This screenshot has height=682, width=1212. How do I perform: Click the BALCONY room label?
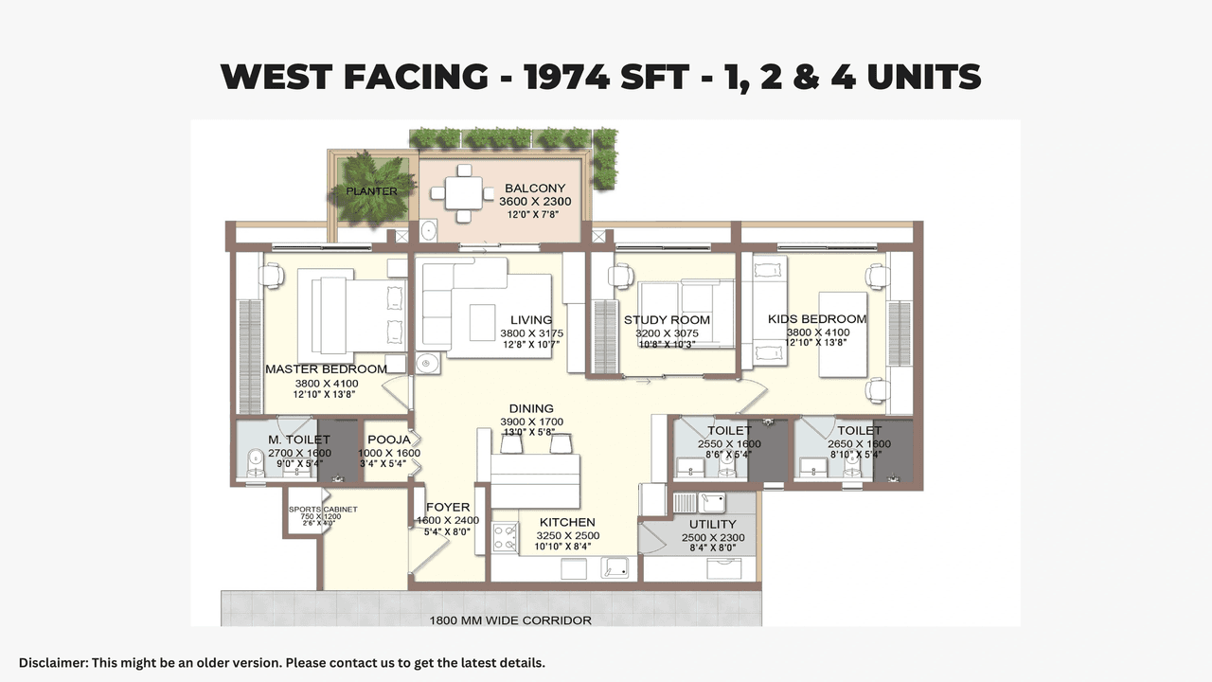tap(534, 188)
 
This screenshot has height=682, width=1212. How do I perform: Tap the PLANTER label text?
tap(371, 191)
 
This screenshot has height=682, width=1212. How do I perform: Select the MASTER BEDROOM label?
tap(326, 369)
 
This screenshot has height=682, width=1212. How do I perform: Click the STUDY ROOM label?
tap(667, 320)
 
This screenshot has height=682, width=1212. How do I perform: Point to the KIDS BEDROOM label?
tap(817, 319)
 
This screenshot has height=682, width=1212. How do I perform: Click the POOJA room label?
tap(389, 440)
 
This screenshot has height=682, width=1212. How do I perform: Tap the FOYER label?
tap(448, 508)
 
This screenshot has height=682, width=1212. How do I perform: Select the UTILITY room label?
tap(713, 524)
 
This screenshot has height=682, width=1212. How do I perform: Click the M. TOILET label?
tap(298, 440)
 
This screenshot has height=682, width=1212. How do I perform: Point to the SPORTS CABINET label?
tap(323, 510)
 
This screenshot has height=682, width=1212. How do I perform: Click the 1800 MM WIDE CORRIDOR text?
tap(510, 620)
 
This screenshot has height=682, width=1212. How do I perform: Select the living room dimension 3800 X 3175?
tap(531, 333)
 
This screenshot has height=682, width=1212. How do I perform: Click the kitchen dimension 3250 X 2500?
tap(567, 536)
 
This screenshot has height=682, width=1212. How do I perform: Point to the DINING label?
tap(530, 409)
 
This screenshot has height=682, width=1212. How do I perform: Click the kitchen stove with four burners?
tap(505, 538)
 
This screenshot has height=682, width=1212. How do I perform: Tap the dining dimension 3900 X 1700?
tap(531, 422)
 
